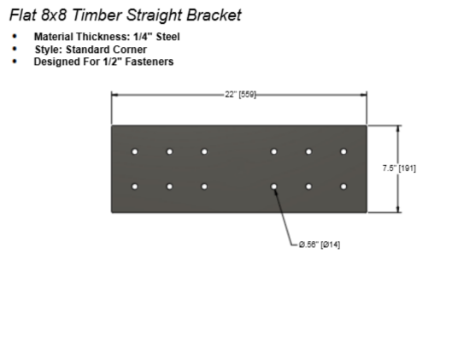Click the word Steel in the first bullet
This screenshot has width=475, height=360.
tap(167, 37)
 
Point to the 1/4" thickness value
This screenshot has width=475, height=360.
tap(143, 37)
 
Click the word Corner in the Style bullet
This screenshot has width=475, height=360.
tap(130, 50)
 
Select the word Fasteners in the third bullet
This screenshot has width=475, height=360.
tap(150, 62)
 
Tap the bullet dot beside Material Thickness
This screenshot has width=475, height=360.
tap(15, 37)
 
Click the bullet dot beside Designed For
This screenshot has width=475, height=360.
tap(15, 62)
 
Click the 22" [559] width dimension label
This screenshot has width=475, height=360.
tap(240, 95)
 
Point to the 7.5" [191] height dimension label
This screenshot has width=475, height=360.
tap(399, 168)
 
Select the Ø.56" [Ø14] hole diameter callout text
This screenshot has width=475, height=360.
tap(320, 245)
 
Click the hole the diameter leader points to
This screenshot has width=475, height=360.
tap(274, 186)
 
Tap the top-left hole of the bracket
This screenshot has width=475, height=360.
tap(135, 151)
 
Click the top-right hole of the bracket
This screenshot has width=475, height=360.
tap(343, 151)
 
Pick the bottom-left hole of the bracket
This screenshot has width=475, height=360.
tap(135, 186)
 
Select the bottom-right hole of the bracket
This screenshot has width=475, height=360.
tap(343, 186)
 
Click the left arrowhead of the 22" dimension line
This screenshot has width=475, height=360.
tap(114, 95)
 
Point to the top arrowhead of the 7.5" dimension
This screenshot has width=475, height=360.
tap(398, 128)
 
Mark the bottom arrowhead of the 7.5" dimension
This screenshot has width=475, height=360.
tap(398, 210)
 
